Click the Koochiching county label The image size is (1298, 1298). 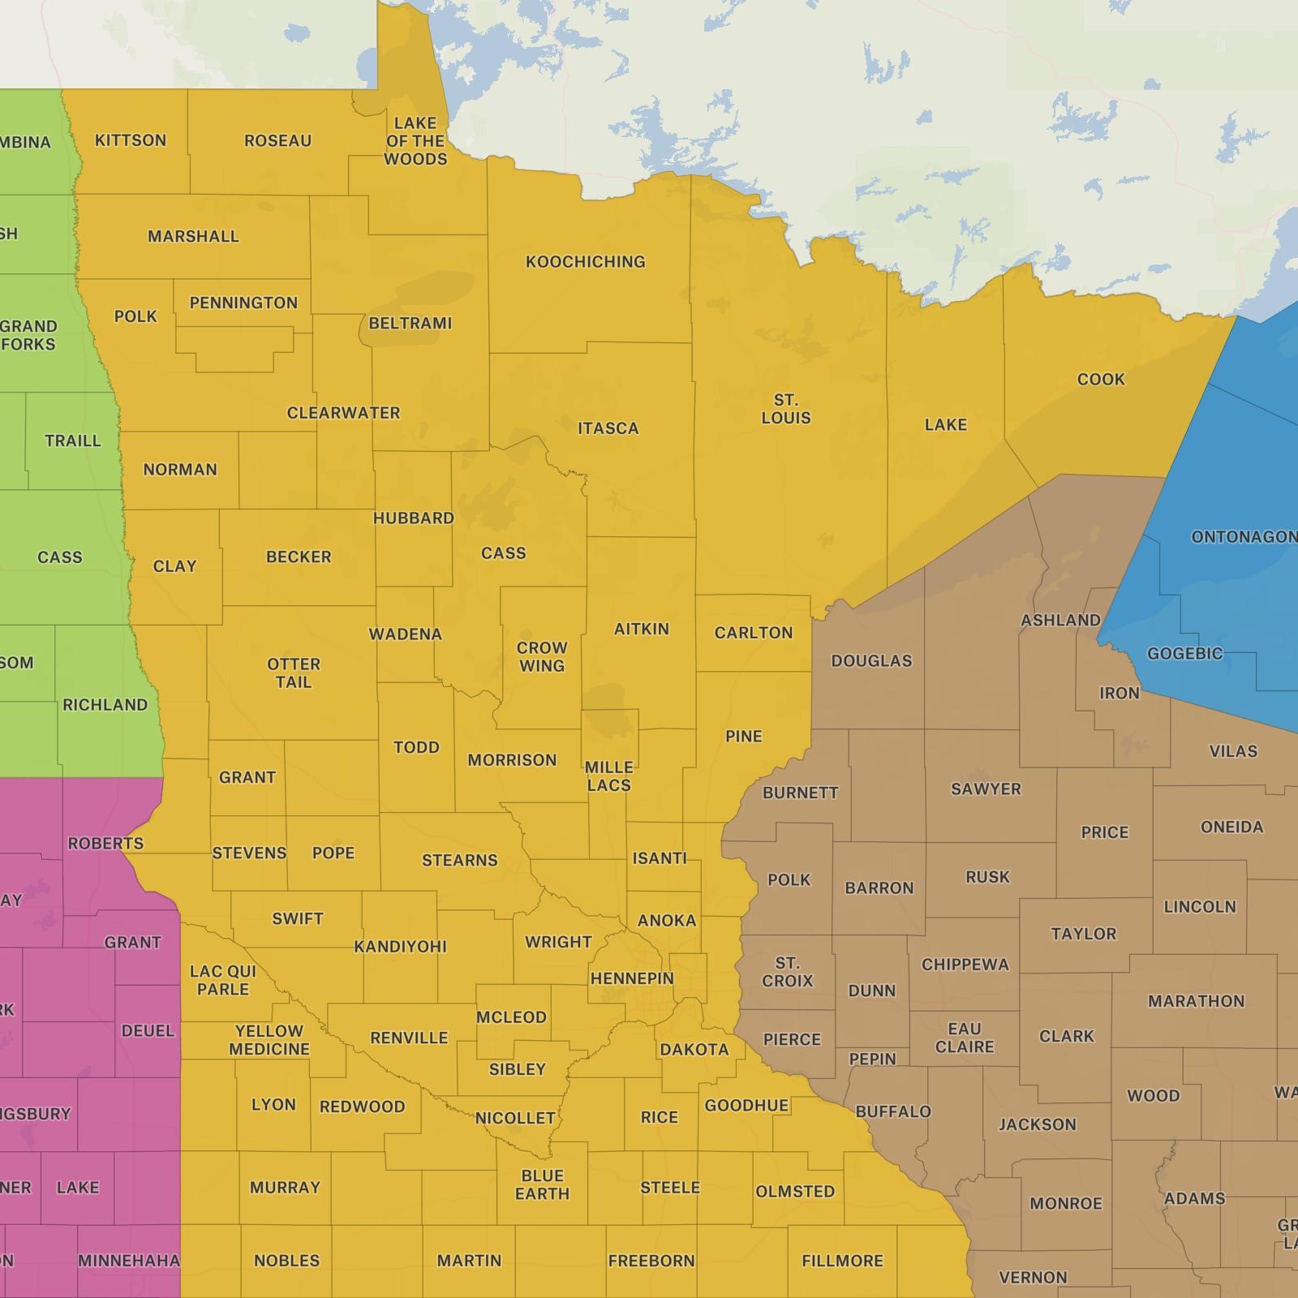pyautogui.click(x=585, y=262)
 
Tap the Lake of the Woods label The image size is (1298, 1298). pyautogui.click(x=415, y=141)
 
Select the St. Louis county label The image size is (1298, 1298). pyautogui.click(x=785, y=409)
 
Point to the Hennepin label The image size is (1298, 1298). pyautogui.click(x=632, y=978)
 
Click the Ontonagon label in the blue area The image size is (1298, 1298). pyautogui.click(x=1243, y=537)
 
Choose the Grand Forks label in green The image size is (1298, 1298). pyautogui.click(x=28, y=335)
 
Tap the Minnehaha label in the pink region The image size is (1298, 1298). pyautogui.click(x=129, y=1261)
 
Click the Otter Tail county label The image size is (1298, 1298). pyautogui.click(x=294, y=673)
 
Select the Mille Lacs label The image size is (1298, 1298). pyautogui.click(x=608, y=776)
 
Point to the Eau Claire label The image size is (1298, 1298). pyautogui.click(x=965, y=1038)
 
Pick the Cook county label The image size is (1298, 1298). pyautogui.click(x=1101, y=380)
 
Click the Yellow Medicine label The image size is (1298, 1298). pyautogui.click(x=269, y=1040)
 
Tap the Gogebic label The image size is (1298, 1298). pyautogui.click(x=1184, y=654)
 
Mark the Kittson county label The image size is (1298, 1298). pyautogui.click(x=131, y=140)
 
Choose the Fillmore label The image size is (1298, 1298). pyautogui.click(x=842, y=1261)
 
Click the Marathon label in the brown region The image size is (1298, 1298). pyautogui.click(x=1196, y=1001)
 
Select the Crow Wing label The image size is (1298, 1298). pyautogui.click(x=542, y=657)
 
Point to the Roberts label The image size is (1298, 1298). pyautogui.click(x=105, y=844)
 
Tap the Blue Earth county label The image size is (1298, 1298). pyautogui.click(x=542, y=1184)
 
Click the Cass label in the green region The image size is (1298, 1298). pyautogui.click(x=60, y=557)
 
